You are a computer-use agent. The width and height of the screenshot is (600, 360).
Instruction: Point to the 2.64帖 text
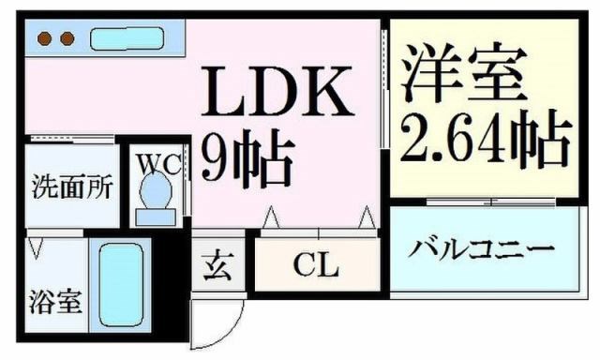click(x=486, y=138)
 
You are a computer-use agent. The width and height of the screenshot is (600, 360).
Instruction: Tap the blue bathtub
click(x=121, y=285)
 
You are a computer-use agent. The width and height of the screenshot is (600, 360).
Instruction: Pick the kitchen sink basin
click(x=126, y=39)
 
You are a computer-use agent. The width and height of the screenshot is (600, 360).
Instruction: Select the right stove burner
click(x=67, y=39)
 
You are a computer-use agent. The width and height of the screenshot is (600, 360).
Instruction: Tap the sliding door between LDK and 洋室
click(x=383, y=89)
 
